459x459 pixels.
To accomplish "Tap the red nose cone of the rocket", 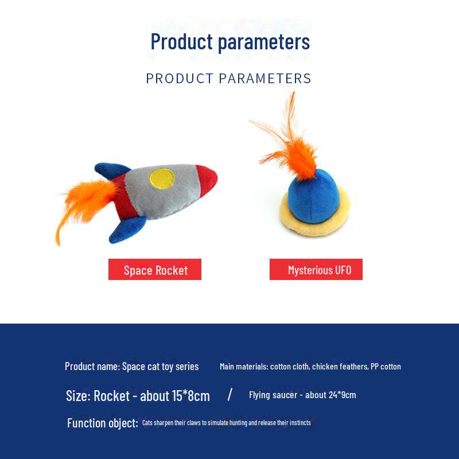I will pos(206,180).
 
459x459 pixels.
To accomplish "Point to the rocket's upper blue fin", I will pos(111,170).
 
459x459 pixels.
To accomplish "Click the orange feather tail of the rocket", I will pos(80,204).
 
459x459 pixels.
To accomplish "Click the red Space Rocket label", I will pos(155,270).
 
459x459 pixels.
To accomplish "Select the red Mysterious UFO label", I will pos(316,270).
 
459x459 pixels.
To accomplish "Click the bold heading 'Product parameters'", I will pos(230,42).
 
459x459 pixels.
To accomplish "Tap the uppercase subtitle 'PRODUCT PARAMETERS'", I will pos(228,79).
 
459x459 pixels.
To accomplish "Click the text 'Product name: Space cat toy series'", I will pos(131,367).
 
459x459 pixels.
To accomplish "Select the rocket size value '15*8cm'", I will pos(191,396).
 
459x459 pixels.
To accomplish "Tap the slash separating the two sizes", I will pos(230,394).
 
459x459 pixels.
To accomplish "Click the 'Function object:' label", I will pos(102,423).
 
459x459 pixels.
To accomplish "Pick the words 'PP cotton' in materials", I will pos(386,367).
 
